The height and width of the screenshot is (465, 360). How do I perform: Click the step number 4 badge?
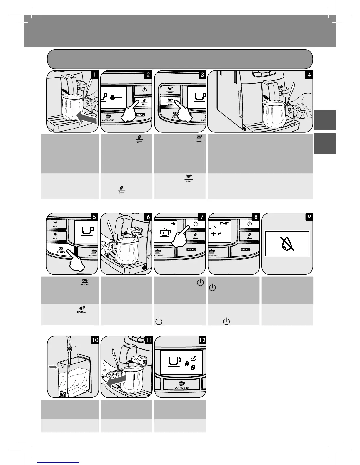coord(309,75)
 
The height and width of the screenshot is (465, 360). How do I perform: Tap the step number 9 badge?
coord(309,217)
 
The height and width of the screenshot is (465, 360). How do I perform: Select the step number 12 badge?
coord(202,340)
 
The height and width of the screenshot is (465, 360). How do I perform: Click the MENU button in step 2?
coord(140,114)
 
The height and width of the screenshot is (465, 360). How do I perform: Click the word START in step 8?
coord(224,223)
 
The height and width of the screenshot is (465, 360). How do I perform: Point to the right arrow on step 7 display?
coord(173,223)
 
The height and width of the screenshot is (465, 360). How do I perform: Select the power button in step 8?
coord(249,224)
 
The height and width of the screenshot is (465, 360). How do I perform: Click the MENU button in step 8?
coord(245,250)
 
